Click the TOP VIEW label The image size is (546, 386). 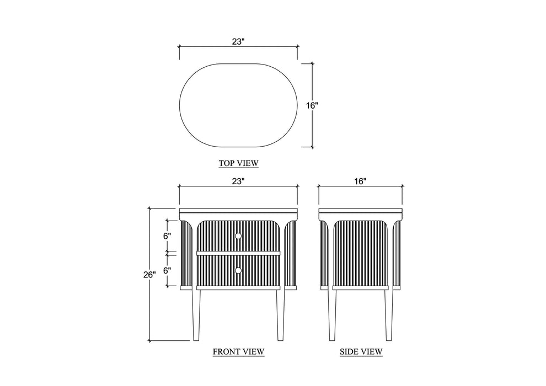(238, 163)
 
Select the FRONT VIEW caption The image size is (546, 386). (238, 352)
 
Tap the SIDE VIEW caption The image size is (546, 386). (361, 352)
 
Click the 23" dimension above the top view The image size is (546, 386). (238, 42)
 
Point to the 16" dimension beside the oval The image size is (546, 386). (312, 105)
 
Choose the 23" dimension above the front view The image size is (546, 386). (238, 181)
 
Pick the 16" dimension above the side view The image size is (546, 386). (360, 181)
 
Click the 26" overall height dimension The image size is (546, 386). (149, 275)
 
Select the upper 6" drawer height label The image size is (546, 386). (167, 236)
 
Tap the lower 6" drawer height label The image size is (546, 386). (167, 270)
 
